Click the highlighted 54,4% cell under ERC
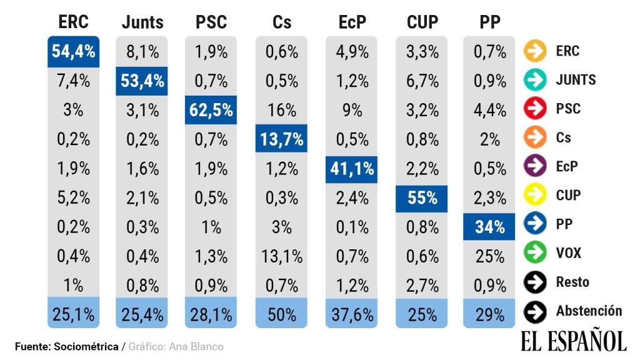(73, 52)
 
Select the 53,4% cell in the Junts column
(142, 81)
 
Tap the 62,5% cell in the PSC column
(211, 111)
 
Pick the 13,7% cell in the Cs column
(281, 139)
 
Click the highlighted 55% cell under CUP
(422, 198)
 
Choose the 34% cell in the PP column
(489, 227)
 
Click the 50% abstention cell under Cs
(281, 314)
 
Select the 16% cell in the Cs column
(281, 111)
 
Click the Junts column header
(142, 22)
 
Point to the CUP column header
(422, 22)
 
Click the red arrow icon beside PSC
(535, 109)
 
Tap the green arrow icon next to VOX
(535, 253)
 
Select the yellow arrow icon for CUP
(535, 196)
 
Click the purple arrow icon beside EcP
(535, 167)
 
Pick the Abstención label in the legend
(589, 311)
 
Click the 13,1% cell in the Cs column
(281, 256)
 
